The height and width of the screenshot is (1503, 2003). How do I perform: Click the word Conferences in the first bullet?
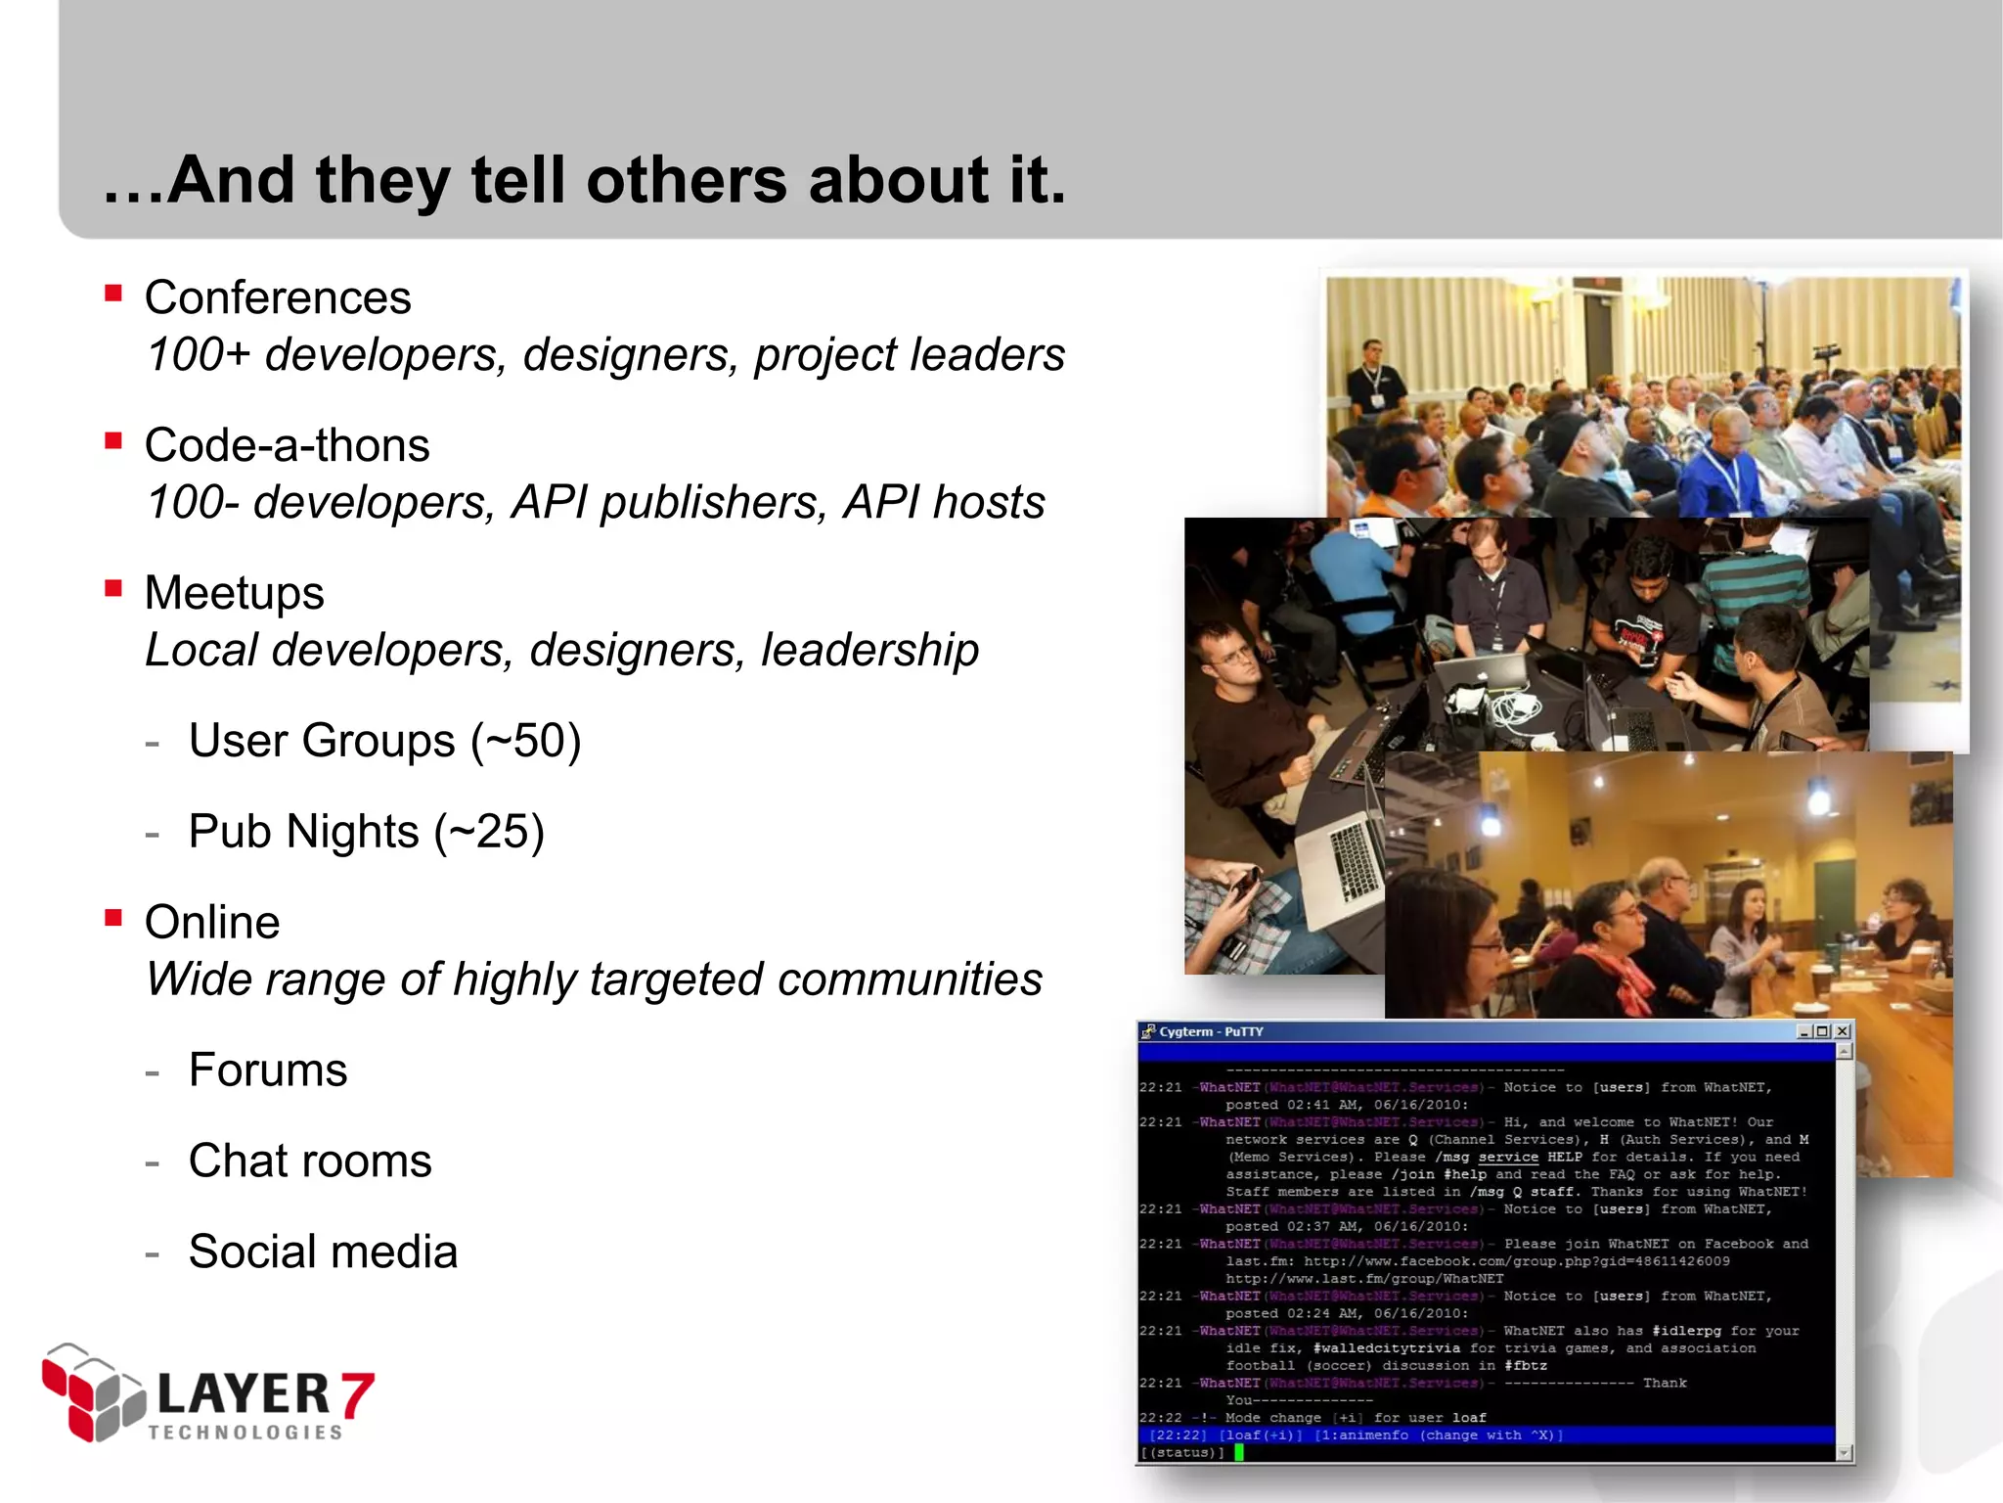(x=278, y=297)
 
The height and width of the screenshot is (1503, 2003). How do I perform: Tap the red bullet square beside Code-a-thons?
(x=114, y=441)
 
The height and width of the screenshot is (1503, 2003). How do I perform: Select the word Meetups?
(x=234, y=593)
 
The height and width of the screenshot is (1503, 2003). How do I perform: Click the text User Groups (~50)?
(x=384, y=741)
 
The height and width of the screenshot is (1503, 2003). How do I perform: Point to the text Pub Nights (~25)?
(x=366, y=832)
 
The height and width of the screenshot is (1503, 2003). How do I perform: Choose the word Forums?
(x=268, y=1070)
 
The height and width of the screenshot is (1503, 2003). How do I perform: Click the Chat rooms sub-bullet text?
(x=310, y=1161)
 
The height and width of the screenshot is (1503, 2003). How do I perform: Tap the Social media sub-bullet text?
(x=323, y=1252)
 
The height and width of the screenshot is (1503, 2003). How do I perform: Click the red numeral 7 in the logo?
(x=358, y=1393)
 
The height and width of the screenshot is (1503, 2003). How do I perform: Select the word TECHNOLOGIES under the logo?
(x=245, y=1433)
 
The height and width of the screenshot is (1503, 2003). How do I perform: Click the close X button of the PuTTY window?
(x=1843, y=1031)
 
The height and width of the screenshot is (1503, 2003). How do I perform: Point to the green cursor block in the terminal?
(x=1239, y=1452)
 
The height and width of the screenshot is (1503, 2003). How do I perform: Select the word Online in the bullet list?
(x=212, y=923)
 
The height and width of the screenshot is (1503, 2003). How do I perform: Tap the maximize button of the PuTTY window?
(x=1823, y=1031)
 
